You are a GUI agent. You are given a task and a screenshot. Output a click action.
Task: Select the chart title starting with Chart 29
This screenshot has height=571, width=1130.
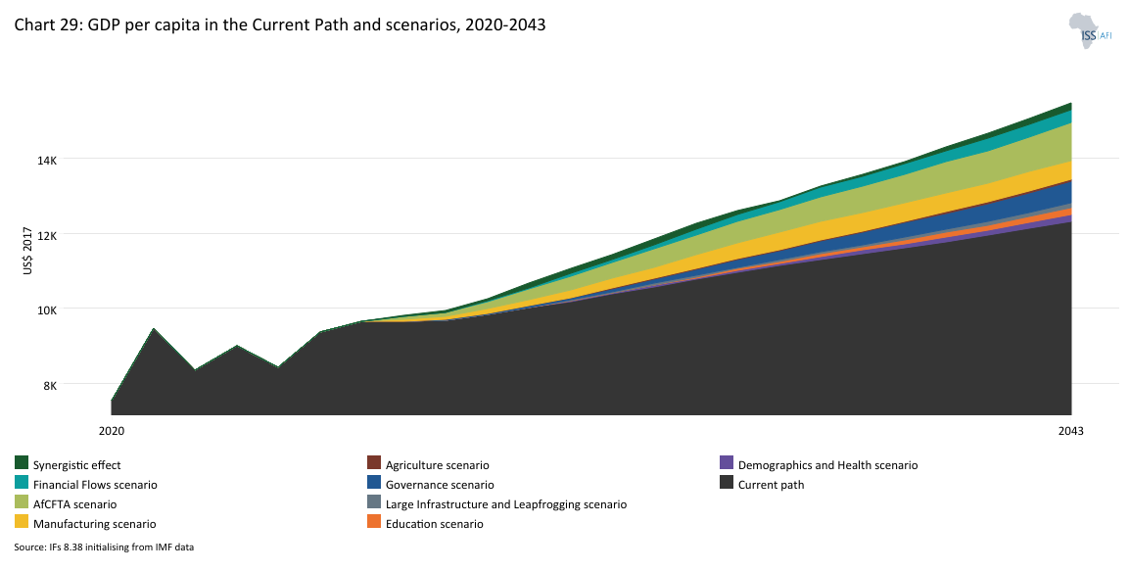point(279,26)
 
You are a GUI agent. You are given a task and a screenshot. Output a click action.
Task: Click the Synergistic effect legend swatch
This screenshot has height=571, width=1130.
point(22,463)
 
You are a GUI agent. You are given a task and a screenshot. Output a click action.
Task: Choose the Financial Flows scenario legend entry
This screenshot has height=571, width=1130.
point(95,485)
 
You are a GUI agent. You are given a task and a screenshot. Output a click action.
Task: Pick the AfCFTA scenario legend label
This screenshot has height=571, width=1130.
point(74,504)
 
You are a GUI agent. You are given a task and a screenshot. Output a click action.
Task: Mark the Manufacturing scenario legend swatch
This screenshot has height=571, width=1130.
point(22,522)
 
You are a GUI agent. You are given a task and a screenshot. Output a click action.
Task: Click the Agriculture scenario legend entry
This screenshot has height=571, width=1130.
point(437,465)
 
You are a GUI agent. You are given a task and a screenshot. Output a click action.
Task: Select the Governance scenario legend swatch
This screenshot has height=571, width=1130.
point(374,483)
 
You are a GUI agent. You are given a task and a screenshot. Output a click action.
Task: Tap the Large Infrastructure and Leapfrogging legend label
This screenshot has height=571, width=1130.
point(505,504)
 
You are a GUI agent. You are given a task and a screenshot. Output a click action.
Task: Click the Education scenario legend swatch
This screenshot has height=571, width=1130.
point(374,522)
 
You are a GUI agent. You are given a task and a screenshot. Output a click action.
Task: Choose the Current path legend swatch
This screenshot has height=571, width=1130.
point(727,483)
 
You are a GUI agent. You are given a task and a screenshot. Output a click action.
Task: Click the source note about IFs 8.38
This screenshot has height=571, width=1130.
point(104,547)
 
